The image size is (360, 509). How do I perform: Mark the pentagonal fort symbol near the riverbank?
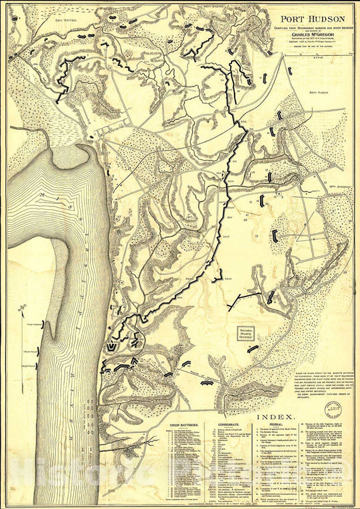click(x=110, y=347)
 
